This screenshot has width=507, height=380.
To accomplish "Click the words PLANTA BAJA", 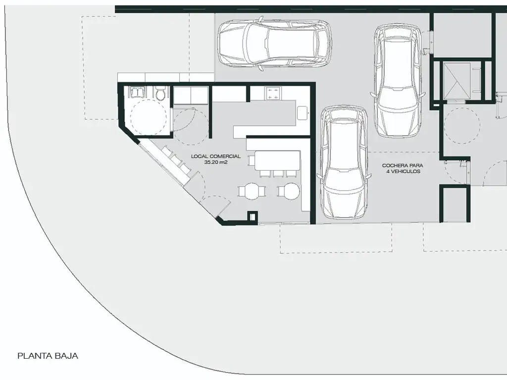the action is (48, 356).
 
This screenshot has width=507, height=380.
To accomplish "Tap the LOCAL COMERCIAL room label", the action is (216, 156).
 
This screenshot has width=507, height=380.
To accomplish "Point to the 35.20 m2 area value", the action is (216, 162).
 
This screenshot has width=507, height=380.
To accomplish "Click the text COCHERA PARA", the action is (403, 165).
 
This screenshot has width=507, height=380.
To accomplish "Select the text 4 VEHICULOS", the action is (403, 171).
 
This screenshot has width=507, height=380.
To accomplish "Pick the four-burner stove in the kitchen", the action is (273, 93).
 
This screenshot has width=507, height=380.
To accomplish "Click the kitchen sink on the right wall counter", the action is (303, 113).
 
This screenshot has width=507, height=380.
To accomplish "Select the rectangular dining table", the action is (277, 161).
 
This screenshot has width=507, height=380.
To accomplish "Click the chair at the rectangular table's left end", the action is (251, 161).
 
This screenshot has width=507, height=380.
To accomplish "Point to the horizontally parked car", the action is (274, 43).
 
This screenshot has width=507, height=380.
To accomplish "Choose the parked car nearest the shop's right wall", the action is (344, 162).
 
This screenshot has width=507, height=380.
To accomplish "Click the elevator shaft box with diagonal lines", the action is (457, 82).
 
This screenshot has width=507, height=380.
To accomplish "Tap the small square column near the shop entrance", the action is (253, 216).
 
